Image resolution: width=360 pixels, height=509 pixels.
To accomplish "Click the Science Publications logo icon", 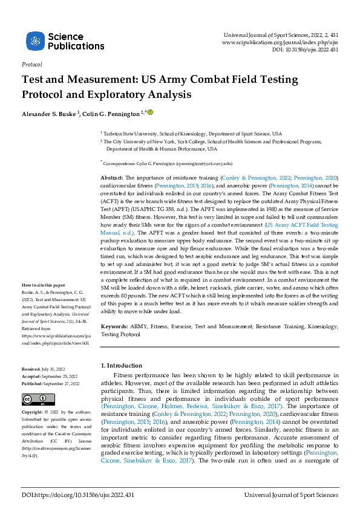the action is [36, 42].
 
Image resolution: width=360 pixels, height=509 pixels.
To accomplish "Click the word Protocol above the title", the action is [31, 64].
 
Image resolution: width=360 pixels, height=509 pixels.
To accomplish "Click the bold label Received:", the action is [31, 368].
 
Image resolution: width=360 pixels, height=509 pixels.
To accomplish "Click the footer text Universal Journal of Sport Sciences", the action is [291, 495].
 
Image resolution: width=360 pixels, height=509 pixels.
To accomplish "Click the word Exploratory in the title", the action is [123, 95].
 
